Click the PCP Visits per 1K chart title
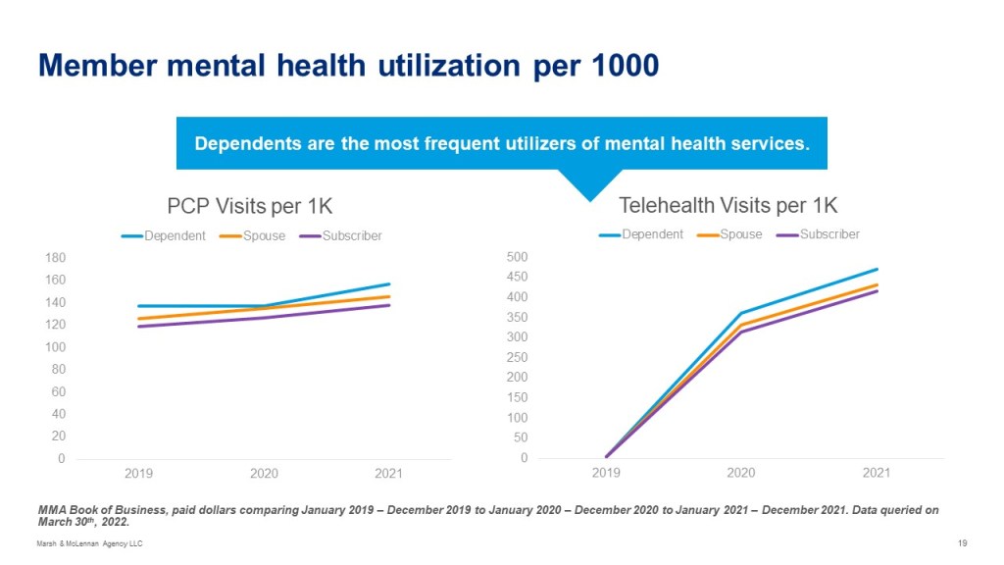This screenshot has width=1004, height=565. pos(249,206)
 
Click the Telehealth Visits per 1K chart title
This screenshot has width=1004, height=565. pos(728,205)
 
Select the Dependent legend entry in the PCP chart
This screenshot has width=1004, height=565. pos(164,235)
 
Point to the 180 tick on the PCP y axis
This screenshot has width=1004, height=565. pos(55,258)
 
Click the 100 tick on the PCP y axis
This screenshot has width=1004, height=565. pos(55,347)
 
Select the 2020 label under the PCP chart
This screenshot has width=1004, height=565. pos(264,474)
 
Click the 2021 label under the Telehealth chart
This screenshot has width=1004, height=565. pos(876,473)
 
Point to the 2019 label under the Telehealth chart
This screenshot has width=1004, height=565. pos(606,473)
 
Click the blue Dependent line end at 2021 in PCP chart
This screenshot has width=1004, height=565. pos(389,284)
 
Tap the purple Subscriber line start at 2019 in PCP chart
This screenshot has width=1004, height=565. pos(138,327)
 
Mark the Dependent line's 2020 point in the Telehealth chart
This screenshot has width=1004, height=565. pos(741,313)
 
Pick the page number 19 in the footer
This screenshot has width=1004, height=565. pos(962,544)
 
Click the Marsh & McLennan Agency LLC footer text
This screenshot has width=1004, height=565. pos(89,544)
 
